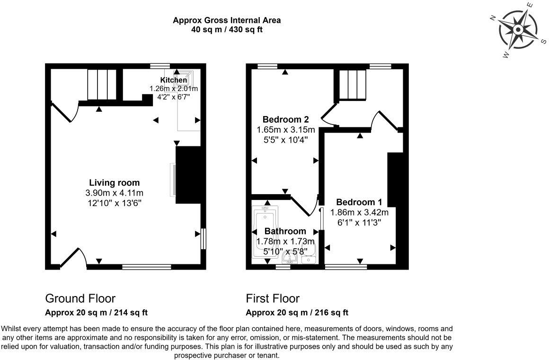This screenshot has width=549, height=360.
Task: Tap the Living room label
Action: (x=115, y=183)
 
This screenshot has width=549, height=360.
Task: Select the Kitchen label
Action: (x=173, y=80)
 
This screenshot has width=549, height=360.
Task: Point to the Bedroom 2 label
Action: (x=282, y=119)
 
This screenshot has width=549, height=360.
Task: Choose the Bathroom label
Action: (x=285, y=231)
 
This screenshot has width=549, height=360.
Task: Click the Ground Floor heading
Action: (x=80, y=298)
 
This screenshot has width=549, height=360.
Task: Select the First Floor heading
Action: (x=273, y=298)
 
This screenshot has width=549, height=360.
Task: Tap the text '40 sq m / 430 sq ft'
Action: (x=227, y=29)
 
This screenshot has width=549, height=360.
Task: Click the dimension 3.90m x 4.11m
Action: (x=115, y=193)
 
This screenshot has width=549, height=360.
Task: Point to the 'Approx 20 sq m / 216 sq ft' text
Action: (x=297, y=313)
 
